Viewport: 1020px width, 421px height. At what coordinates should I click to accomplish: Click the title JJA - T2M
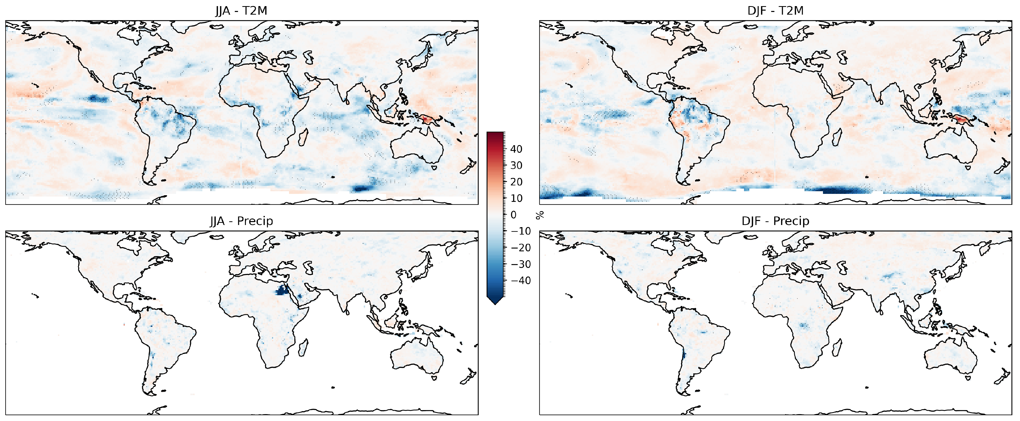coord(241,11)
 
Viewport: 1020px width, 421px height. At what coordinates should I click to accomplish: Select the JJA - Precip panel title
coord(241,221)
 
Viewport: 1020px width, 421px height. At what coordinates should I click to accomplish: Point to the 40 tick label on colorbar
coord(516,149)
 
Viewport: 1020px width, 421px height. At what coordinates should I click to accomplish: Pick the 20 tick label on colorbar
coord(516,182)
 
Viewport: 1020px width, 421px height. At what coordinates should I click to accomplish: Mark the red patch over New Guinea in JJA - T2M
coord(428,118)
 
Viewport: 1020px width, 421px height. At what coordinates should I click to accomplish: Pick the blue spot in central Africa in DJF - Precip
coord(803,326)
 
